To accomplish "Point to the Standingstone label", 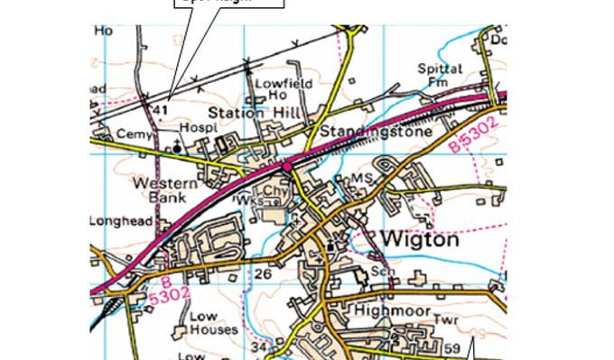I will click(367, 133).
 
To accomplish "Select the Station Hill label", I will click(249, 114).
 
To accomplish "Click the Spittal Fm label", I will click(440, 75).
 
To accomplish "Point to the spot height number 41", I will click(162, 110).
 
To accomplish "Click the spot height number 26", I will click(264, 273).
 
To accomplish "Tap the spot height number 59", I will click(451, 347).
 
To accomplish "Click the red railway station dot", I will click(287, 166).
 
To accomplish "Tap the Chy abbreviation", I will click(274, 191).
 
